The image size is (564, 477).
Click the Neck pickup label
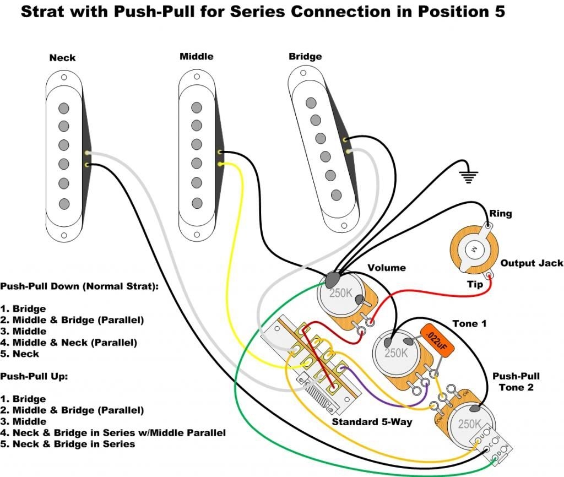tap(62, 58)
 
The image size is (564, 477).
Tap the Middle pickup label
tap(196, 57)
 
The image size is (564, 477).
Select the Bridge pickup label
tap(305, 57)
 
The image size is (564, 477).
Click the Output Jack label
tap(532, 264)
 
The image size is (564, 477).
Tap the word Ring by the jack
tap(500, 214)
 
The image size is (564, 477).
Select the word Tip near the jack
tap(475, 284)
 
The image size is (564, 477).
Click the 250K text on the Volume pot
tap(341, 294)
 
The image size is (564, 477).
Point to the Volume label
tap(387, 268)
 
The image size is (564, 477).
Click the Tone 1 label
tap(469, 323)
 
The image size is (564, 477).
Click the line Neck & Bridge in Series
tap(74, 444)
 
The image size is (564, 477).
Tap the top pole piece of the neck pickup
tap(64, 107)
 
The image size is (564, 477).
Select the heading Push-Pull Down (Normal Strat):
tap(79, 287)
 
